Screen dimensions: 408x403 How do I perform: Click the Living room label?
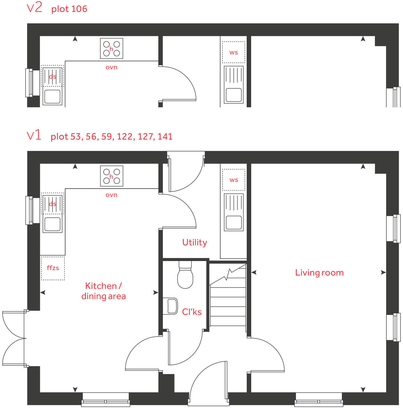[319, 272]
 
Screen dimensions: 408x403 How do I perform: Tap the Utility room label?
[194, 242]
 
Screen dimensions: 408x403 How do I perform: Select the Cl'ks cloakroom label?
[192, 312]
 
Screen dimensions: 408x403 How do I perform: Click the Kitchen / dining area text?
[104, 291]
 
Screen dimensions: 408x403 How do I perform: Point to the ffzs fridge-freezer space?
[53, 268]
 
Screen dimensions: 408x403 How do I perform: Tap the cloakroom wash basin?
[170, 306]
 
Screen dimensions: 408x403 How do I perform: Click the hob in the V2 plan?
[112, 48]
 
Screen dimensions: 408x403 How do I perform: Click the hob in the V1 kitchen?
[112, 176]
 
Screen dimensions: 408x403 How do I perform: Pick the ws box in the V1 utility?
[234, 180]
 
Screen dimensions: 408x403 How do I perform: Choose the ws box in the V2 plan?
[234, 52]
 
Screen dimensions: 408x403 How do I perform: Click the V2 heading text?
[35, 8]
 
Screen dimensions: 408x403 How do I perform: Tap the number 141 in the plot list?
[165, 136]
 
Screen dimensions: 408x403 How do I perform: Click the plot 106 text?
[69, 9]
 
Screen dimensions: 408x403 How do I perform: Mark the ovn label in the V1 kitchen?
[111, 195]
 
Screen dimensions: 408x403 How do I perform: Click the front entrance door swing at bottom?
[207, 381]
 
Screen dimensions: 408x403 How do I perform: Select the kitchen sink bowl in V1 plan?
[53, 224]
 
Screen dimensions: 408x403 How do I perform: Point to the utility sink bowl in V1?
[234, 222]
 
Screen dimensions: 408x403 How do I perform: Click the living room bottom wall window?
[319, 399]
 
